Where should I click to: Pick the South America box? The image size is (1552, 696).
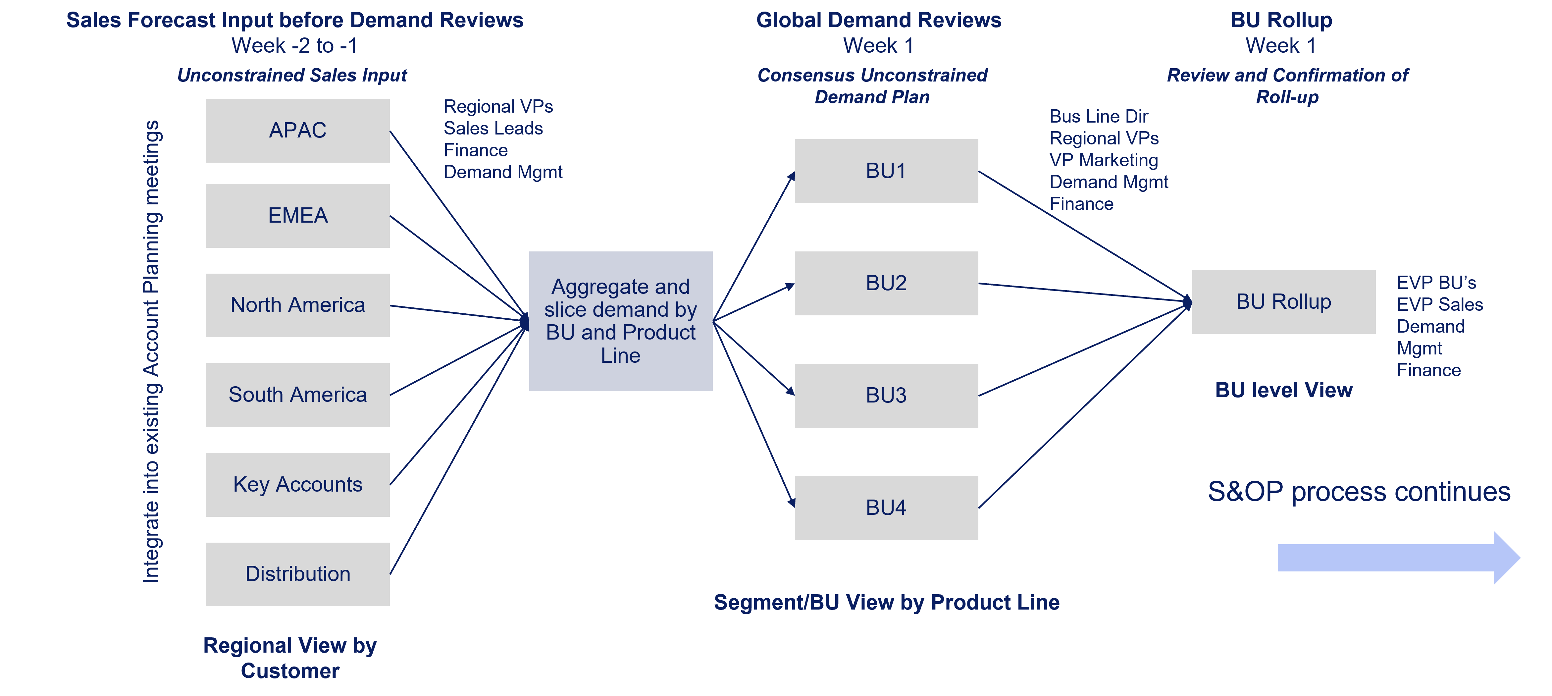pyautogui.click(x=298, y=395)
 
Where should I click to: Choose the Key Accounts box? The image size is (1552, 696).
pyautogui.click(x=298, y=485)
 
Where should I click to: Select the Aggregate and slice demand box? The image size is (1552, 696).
pyautogui.click(x=621, y=321)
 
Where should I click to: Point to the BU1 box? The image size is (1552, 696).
pyautogui.click(x=886, y=171)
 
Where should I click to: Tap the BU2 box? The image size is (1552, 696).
pyautogui.click(x=886, y=283)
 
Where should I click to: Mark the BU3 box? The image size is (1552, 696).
pyautogui.click(x=886, y=395)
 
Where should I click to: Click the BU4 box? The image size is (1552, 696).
pyautogui.click(x=886, y=508)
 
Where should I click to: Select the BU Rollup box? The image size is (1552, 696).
pyautogui.click(x=1283, y=302)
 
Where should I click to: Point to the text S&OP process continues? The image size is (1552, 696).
pyautogui.click(x=1359, y=492)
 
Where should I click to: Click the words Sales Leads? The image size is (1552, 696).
pyautogui.click(x=493, y=128)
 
